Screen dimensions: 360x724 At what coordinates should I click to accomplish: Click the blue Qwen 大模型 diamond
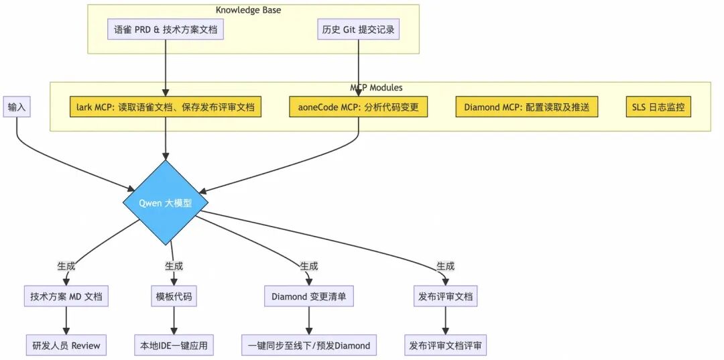165,202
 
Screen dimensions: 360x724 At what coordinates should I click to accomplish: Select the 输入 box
17,107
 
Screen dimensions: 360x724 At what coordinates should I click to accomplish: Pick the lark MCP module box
166,107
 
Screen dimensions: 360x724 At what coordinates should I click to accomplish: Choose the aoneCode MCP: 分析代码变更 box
359,107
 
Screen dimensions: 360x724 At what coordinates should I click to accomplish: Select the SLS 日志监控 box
658,107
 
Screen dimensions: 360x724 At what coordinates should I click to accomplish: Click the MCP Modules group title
376,87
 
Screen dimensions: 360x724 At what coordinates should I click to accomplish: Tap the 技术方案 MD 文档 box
66,296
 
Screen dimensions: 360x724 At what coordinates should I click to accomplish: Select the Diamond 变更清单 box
308,296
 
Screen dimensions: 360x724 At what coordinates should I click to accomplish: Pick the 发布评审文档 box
445,296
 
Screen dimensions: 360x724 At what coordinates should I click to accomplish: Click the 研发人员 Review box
66,345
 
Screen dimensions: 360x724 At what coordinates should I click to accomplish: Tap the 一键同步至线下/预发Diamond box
308,345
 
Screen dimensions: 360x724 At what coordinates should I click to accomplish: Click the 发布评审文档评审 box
445,345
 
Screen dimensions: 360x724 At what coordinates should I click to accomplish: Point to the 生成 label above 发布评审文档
445,265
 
